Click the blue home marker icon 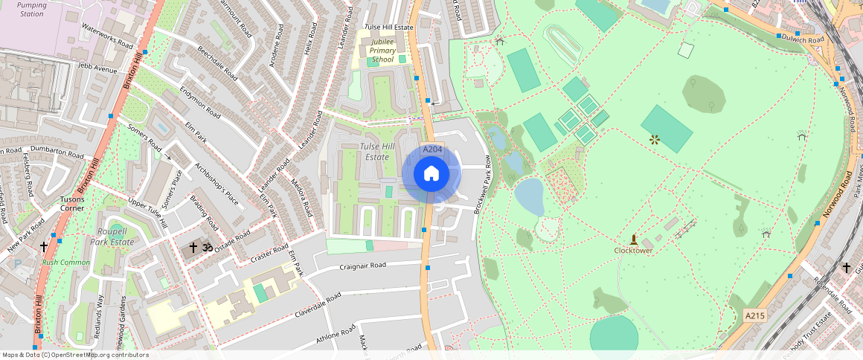click(431, 174)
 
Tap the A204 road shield click(432, 150)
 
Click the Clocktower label click(633, 251)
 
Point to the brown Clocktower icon click(634, 240)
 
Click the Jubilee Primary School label click(382, 51)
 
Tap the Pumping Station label click(31, 9)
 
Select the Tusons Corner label click(72, 204)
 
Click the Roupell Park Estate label click(112, 237)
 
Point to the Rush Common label click(65, 263)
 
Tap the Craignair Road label click(363, 266)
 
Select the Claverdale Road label click(318, 305)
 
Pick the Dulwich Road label click(808, 39)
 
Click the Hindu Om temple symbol click(208, 246)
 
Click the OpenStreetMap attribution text click(74, 355)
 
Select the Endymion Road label click(200, 102)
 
